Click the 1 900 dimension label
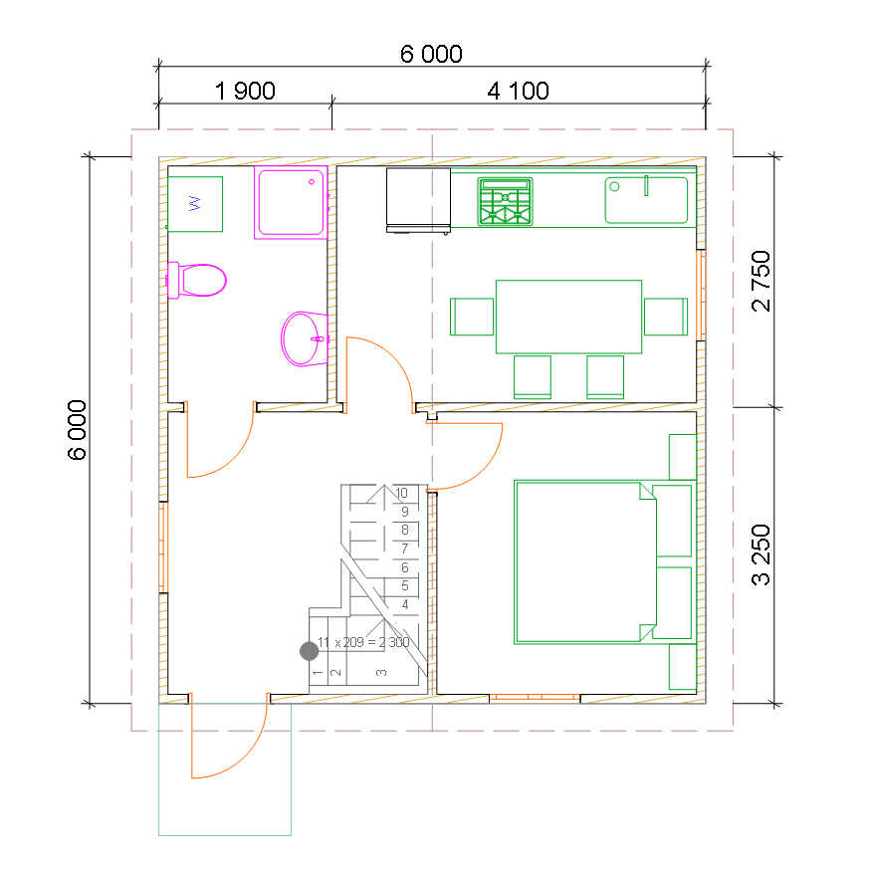pyautogui.click(x=245, y=91)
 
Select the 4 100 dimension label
pyautogui.click(x=518, y=91)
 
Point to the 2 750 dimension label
pyautogui.click(x=762, y=281)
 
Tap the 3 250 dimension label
pyautogui.click(x=762, y=554)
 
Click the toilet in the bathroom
pyautogui.click(x=196, y=280)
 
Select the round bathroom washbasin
pyautogui.click(x=305, y=338)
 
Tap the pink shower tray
pyautogui.click(x=291, y=202)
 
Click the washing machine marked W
pyautogui.click(x=195, y=204)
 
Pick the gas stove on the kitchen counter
pyautogui.click(x=505, y=201)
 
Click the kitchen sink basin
pyautogui.click(x=646, y=200)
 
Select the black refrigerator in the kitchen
pyautogui.click(x=418, y=200)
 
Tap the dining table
pyautogui.click(x=568, y=317)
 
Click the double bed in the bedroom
pyautogui.click(x=585, y=562)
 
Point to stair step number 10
pyautogui.click(x=401, y=493)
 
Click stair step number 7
pyautogui.click(x=404, y=548)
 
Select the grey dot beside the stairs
pyautogui.click(x=310, y=651)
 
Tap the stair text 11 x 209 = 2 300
pyautogui.click(x=363, y=642)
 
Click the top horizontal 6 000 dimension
pyautogui.click(x=431, y=54)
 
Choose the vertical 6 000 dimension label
pyautogui.click(x=77, y=430)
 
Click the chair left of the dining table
pyautogui.click(x=472, y=317)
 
